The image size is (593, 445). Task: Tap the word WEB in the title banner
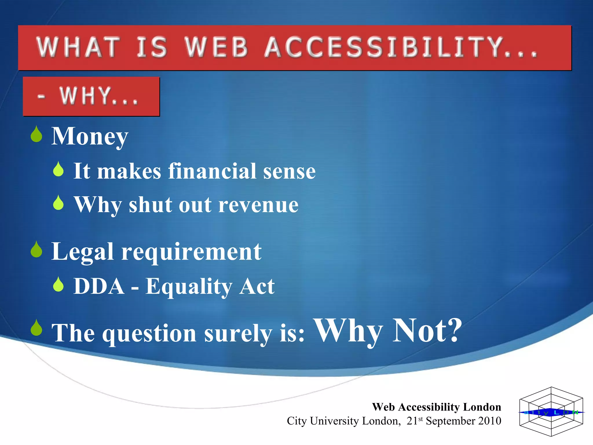tap(217, 47)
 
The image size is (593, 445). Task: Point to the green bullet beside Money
tap(36, 134)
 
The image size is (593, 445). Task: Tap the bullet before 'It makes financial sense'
tap(58, 169)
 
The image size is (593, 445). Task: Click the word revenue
tap(258, 205)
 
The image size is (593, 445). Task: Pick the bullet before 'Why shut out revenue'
tap(58, 203)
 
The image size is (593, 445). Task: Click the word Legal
tap(82, 251)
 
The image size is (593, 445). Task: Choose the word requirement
tap(191, 251)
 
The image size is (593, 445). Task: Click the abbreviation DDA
tap(99, 286)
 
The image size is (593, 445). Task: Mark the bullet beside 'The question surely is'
tap(36, 328)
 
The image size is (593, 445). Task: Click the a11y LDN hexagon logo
tap(551, 412)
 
